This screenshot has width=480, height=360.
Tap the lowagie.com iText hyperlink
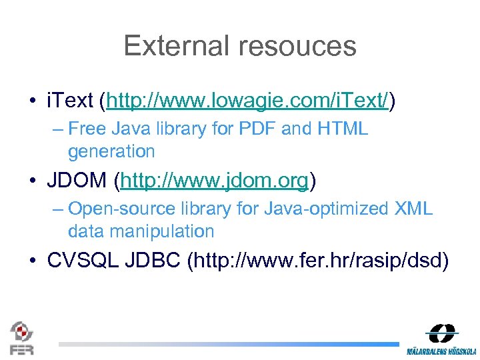coord(247,101)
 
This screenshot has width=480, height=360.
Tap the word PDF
coord(255,129)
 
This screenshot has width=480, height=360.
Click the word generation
coord(111,151)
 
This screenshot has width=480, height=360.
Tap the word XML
coord(413,209)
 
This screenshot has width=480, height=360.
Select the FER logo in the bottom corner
coord(21,337)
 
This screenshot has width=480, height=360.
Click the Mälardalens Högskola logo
coord(442,339)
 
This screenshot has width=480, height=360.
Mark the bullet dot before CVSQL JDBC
coord(33,261)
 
